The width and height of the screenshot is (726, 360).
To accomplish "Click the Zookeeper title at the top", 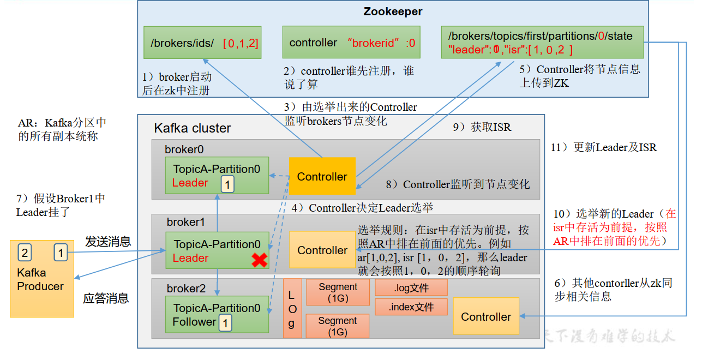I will (393, 11).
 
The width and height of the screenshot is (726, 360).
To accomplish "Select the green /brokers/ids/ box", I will (202, 43).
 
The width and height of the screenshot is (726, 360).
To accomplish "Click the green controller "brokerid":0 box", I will (352, 43).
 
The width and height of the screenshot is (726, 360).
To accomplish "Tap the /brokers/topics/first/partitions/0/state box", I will (543, 43).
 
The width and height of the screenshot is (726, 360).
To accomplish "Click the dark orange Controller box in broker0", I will (322, 176).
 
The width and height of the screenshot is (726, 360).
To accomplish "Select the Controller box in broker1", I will (322, 250).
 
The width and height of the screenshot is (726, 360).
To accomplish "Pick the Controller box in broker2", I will (485, 316).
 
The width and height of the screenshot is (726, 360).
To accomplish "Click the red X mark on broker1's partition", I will (259, 260).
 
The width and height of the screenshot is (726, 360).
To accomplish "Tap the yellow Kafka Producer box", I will (41, 279).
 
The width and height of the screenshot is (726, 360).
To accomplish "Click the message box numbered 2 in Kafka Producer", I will (24, 252).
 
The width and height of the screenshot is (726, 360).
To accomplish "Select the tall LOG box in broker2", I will (292, 309).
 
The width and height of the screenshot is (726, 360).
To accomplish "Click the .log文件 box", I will (411, 287).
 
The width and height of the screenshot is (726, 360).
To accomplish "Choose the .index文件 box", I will (411, 307).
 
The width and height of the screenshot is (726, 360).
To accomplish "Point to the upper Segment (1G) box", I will (338, 292).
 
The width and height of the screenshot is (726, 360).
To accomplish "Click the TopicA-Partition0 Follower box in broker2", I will (217, 314).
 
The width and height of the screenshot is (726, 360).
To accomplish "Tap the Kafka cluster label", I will (193, 128).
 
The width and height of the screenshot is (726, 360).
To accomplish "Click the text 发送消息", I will (107, 242).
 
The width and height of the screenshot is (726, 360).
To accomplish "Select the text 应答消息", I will (106, 298).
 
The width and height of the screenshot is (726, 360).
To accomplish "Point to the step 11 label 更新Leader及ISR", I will (603, 147).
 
